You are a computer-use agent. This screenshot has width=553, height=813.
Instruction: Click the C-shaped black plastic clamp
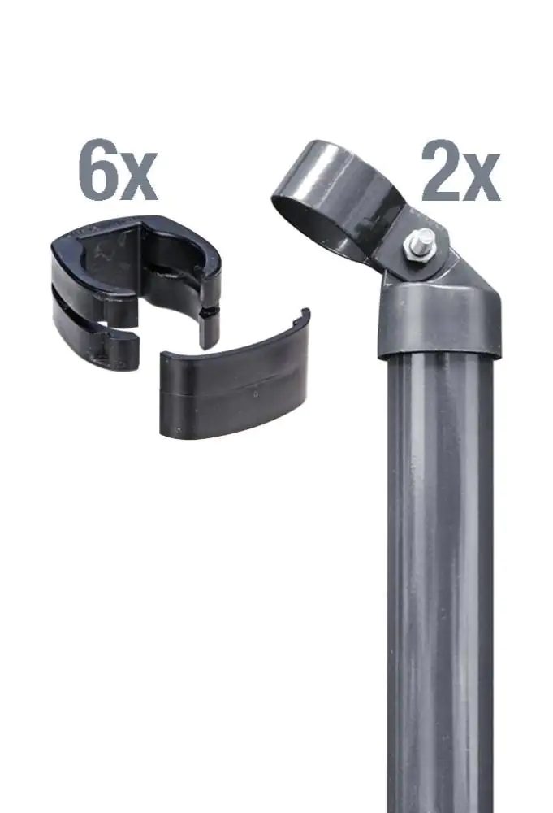pos(130,285)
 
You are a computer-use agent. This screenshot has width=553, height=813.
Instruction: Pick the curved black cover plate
pos(235,390)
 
